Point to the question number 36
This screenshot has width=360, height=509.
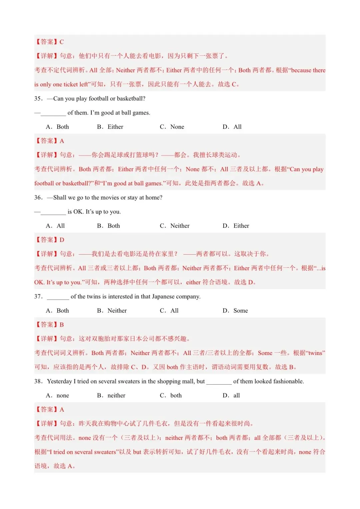tap(38, 198)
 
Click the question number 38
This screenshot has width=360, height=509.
tap(38, 381)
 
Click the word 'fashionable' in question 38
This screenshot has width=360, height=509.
tap(286, 381)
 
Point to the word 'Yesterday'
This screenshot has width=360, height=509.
tap(59, 381)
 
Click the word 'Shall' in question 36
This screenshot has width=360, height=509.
tap(60, 198)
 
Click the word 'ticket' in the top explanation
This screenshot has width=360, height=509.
tap(70, 84)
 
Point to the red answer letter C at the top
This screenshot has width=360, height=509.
tap(62, 42)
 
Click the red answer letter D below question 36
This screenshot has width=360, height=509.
tap(62, 240)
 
